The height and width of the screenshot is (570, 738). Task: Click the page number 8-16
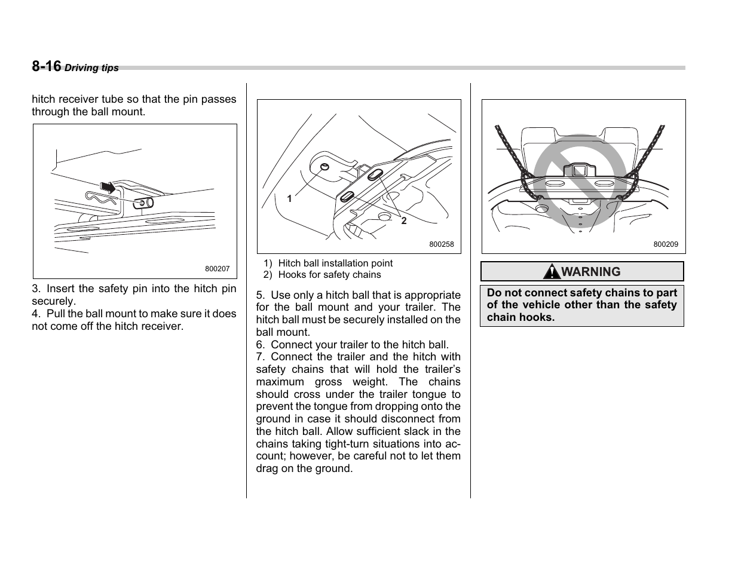[x=46, y=66]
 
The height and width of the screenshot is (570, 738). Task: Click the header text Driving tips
[x=91, y=68]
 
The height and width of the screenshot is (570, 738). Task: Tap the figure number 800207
[x=217, y=269]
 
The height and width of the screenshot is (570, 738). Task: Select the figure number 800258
[x=442, y=244]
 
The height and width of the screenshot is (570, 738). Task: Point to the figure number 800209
[x=666, y=244]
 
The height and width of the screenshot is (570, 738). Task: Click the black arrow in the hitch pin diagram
[x=108, y=187]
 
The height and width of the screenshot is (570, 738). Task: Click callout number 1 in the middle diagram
[x=289, y=198]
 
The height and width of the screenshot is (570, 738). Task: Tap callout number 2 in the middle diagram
[x=404, y=220]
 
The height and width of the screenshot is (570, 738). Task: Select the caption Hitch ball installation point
[x=335, y=263]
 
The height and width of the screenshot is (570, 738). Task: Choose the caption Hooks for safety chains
[x=329, y=275]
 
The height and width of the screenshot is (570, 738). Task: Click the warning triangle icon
[x=551, y=272]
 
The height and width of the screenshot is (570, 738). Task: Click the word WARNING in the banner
[x=591, y=272]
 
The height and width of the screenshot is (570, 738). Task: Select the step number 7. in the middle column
[x=261, y=357]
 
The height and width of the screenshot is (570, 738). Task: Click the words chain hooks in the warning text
[x=520, y=317]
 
